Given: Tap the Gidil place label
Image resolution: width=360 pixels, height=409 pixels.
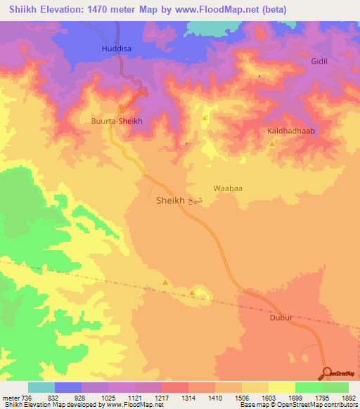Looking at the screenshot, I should coord(320,62).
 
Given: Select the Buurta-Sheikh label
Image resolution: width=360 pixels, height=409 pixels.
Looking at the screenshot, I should coord(117,121).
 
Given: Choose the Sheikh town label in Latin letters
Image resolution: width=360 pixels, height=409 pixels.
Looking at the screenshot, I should coord(169,200).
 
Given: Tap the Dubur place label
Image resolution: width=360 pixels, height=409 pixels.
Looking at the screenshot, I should coord(281,318).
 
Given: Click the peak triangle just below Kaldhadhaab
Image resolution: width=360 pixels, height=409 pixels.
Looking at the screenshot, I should coord(272,144).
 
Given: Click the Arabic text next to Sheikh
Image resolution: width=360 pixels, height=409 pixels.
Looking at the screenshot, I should coord(197,200).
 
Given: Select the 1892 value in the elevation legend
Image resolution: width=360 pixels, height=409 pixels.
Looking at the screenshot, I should coord(347,397).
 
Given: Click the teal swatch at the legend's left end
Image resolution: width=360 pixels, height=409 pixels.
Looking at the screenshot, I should coord(41,387).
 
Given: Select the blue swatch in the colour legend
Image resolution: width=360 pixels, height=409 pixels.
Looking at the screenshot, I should coord(68,387).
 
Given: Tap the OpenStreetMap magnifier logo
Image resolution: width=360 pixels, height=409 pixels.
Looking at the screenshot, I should coord(328,373).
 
